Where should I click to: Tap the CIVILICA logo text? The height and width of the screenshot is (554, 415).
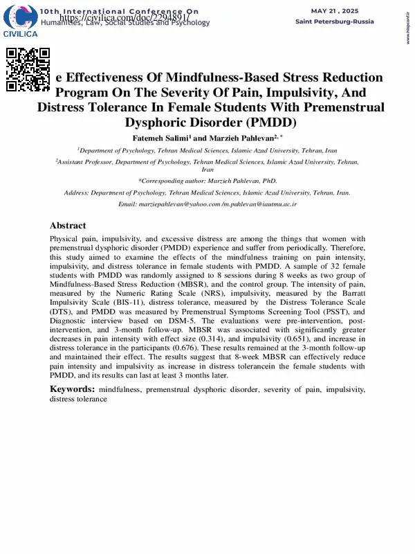click(21, 34)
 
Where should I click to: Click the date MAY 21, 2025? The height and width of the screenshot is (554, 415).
click(335, 11)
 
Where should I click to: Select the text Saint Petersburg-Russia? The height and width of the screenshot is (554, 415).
click(335, 21)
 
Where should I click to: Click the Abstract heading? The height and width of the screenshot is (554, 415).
click(68, 226)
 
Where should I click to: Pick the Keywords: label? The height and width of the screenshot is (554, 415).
click(72, 390)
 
